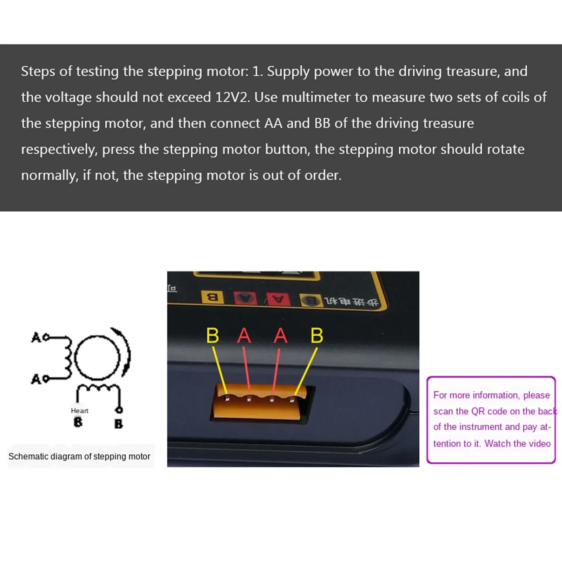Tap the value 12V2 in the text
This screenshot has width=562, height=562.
click(x=232, y=98)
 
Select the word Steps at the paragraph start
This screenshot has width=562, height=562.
click(x=38, y=72)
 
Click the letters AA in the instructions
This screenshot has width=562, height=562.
click(x=273, y=124)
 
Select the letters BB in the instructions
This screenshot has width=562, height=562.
click(x=322, y=124)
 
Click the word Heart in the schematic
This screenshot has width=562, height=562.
click(x=79, y=411)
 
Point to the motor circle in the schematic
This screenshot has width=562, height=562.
click(x=97, y=357)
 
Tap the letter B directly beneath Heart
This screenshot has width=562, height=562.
click(x=78, y=422)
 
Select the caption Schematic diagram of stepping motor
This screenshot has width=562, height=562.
click(x=79, y=456)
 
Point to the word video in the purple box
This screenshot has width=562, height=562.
click(x=538, y=443)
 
